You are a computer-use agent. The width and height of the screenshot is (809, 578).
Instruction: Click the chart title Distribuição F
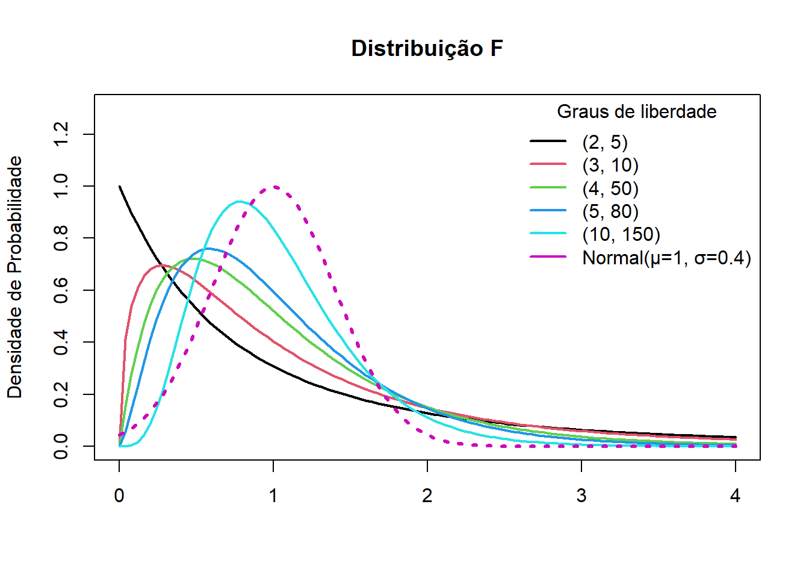click(x=427, y=48)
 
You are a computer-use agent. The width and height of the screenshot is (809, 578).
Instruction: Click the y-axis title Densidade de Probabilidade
click(x=14, y=277)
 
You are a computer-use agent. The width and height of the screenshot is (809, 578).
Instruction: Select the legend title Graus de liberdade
click(x=636, y=111)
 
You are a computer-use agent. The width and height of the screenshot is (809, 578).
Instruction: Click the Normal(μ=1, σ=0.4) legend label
click(x=666, y=258)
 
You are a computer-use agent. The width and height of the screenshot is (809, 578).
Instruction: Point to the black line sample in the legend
click(x=548, y=141)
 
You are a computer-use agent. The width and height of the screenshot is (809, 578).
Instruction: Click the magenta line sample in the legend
click(x=548, y=257)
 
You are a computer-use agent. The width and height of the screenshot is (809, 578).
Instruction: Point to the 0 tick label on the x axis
click(x=119, y=496)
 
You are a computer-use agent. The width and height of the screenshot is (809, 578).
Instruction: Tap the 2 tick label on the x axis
click(x=427, y=496)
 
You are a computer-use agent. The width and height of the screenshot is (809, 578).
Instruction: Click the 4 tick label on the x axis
click(x=735, y=496)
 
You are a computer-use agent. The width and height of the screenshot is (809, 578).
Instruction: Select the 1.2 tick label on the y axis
click(x=61, y=134)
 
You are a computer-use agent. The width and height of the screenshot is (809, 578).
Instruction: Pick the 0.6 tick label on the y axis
click(x=61, y=290)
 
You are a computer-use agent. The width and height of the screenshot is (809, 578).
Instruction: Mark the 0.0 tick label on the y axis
click(x=61, y=446)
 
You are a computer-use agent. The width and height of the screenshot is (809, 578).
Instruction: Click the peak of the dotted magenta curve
click(x=274, y=187)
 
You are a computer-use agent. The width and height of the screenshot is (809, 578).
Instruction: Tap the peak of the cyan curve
click(x=240, y=202)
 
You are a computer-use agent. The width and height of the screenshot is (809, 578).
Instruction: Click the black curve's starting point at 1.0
click(x=120, y=187)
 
